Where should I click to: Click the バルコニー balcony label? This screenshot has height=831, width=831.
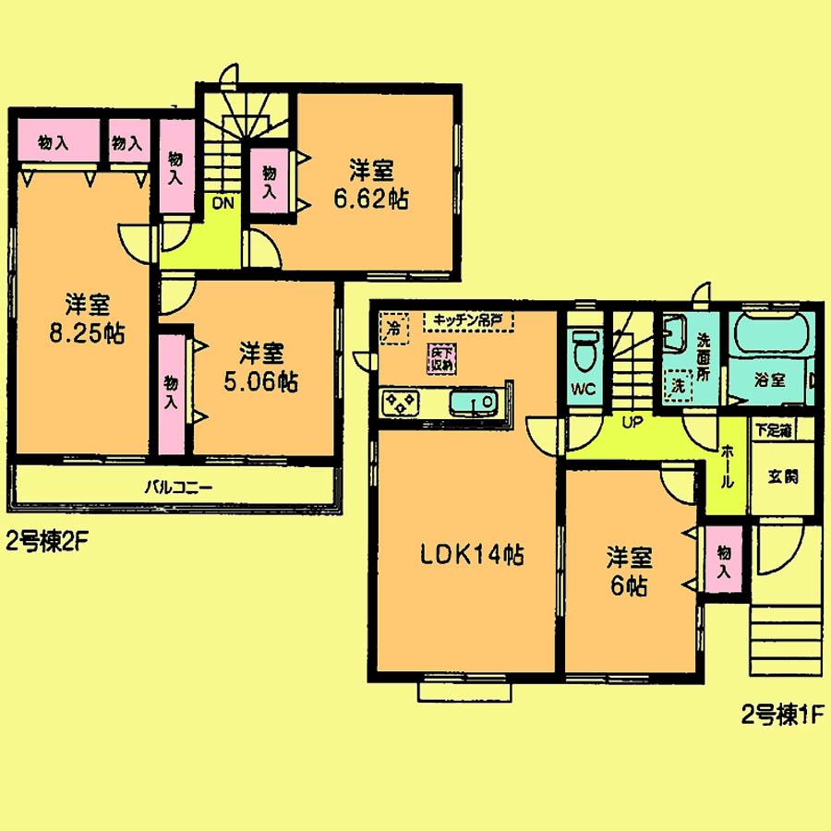pyautogui.click(x=174, y=487)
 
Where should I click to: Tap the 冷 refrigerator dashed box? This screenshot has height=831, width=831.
pyautogui.click(x=394, y=328)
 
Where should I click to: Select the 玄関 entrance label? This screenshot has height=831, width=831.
pyautogui.click(x=781, y=477)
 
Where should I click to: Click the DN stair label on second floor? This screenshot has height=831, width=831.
pyautogui.click(x=223, y=204)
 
